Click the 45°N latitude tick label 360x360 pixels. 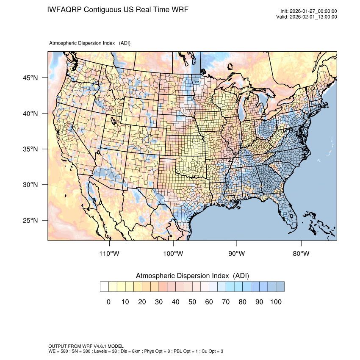tap(30, 78)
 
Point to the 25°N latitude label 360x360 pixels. tap(30, 220)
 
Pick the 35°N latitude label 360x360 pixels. tap(30, 149)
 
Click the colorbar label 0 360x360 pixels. tap(108, 302)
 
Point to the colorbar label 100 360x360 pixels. tap(276, 302)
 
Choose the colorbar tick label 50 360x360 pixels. tap(192, 302)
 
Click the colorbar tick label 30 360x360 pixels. tap(159, 302)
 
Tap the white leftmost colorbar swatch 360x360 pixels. tap(104, 287)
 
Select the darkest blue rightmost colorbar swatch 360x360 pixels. tap(280, 287)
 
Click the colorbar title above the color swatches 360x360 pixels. tap(192, 276)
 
